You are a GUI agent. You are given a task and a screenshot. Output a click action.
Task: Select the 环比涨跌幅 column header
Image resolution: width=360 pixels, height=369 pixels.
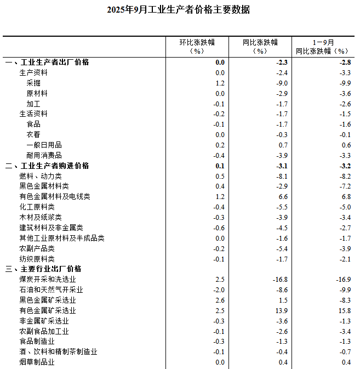197,47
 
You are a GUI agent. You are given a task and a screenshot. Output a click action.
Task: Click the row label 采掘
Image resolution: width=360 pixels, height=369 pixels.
33,83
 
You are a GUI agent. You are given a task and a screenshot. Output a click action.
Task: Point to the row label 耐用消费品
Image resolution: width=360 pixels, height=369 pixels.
44,155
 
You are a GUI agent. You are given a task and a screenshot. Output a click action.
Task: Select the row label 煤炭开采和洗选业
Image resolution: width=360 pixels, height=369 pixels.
48,280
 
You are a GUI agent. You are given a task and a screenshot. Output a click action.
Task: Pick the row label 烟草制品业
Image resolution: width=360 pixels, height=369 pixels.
37,362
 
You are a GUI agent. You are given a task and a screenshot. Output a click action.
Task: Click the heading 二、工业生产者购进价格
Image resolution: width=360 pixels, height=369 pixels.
47,166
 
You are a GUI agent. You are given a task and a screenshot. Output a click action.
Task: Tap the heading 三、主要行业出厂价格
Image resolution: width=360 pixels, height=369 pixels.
43,269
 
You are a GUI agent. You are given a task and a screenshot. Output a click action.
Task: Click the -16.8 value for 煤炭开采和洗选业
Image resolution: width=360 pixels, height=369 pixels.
280,280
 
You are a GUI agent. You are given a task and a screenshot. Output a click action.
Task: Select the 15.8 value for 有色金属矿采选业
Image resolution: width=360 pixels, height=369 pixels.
344,310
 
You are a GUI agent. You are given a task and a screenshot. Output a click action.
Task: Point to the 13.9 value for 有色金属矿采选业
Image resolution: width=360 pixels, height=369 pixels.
281,310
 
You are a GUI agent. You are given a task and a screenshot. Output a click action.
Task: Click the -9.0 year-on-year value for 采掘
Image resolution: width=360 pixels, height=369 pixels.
282,83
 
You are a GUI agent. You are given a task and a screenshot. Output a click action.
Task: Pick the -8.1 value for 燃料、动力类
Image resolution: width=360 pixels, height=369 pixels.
282,176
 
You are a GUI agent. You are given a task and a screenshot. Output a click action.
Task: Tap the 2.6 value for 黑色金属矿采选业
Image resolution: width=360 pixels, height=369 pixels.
220,300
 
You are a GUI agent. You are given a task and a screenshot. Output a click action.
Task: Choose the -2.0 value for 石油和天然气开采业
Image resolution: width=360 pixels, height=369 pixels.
219,289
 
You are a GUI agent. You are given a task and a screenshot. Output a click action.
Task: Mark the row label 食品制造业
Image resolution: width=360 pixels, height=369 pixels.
37,341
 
